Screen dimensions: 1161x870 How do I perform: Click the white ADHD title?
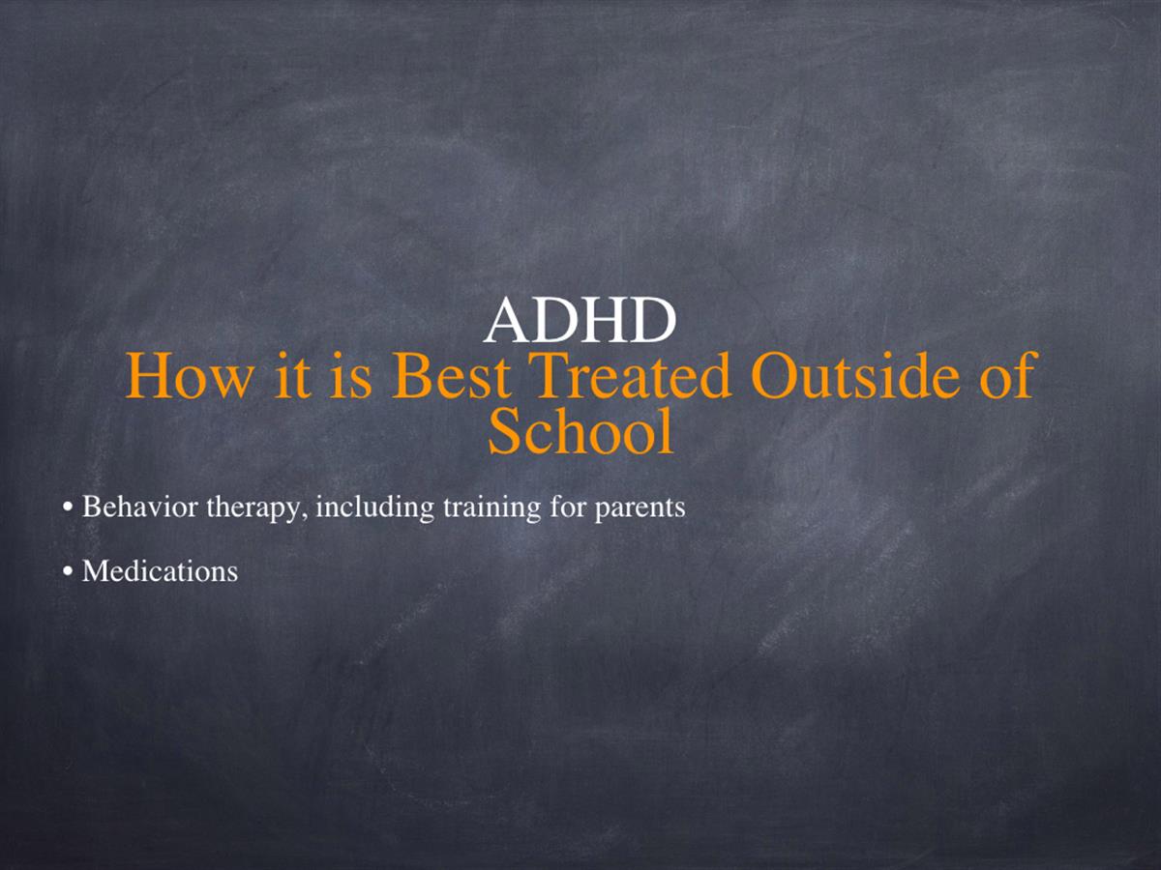[x=580, y=319]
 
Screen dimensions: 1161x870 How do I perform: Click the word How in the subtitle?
[x=190, y=375]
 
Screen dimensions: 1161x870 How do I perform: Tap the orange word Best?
[x=451, y=375]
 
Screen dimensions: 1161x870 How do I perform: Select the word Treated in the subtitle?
[x=634, y=375]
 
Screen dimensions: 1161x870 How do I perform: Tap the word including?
[x=374, y=508]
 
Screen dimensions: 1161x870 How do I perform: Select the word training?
[x=491, y=508]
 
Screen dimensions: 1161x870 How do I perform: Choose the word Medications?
[x=160, y=571]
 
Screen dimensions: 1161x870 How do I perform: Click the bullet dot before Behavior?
[x=67, y=507]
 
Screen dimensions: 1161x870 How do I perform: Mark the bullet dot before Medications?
[x=67, y=571]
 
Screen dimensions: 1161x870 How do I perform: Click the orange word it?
[x=291, y=375]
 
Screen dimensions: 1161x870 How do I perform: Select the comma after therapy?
[x=303, y=516]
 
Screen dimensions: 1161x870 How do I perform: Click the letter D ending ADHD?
[x=655, y=320]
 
